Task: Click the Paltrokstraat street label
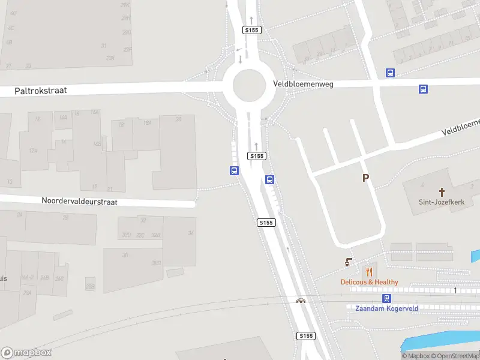point(41,91)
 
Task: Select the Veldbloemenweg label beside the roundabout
point(303,85)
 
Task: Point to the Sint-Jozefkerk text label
point(442,202)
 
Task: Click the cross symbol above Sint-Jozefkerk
point(442,192)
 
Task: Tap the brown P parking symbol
point(365,178)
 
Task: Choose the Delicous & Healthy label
point(369,282)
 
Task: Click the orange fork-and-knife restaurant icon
point(369,272)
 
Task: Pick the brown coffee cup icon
point(349,262)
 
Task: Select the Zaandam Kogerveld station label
point(386,308)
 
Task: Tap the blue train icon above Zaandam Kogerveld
point(387,298)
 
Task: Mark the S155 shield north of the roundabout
point(251,30)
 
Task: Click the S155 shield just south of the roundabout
point(257,156)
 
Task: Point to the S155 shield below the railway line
point(305,336)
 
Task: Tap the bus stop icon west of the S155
point(234,170)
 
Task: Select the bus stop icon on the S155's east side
point(270,179)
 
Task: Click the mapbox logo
point(26,353)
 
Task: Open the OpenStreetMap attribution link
point(457,356)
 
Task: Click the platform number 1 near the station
point(456,291)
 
